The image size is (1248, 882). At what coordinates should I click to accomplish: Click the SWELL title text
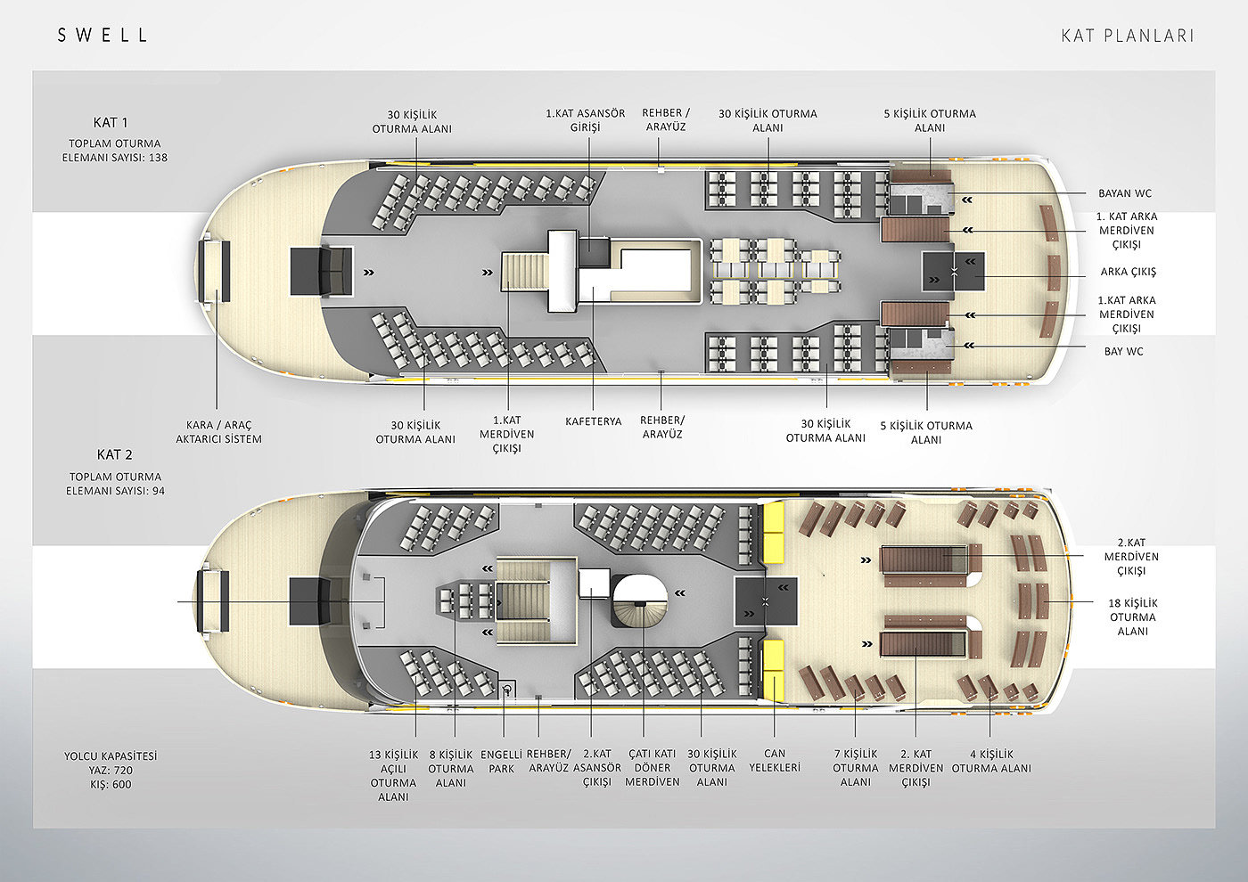click(x=103, y=36)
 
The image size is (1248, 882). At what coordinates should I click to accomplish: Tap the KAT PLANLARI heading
click(x=1127, y=36)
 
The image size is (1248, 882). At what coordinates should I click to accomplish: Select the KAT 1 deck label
click(x=111, y=123)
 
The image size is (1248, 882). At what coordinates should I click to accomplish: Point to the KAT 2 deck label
click(x=114, y=455)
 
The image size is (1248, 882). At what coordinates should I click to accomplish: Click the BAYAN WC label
click(x=1125, y=193)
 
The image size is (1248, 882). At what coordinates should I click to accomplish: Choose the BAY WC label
click(x=1123, y=352)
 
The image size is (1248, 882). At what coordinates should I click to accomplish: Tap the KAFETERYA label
click(x=593, y=421)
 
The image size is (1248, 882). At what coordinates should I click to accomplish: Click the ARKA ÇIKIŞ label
click(x=1128, y=273)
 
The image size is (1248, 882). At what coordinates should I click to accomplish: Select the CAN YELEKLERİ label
click(x=775, y=761)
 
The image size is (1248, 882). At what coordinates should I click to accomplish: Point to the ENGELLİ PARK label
click(x=502, y=762)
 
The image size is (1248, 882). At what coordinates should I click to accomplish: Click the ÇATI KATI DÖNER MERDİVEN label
click(x=653, y=768)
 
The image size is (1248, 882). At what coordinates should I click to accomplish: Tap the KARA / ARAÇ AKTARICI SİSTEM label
click(x=218, y=432)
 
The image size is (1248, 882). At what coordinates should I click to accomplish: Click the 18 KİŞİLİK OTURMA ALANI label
click(x=1133, y=617)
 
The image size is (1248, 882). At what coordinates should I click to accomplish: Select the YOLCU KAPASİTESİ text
click(x=111, y=756)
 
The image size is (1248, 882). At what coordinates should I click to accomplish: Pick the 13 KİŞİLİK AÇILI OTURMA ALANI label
click(x=393, y=775)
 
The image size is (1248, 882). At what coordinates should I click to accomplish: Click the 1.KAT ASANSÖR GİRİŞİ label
click(x=586, y=120)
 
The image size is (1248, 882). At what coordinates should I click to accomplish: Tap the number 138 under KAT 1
click(x=157, y=158)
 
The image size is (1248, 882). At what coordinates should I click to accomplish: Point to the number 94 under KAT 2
click(x=157, y=491)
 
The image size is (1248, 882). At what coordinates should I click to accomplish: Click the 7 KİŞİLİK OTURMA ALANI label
click(x=855, y=768)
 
